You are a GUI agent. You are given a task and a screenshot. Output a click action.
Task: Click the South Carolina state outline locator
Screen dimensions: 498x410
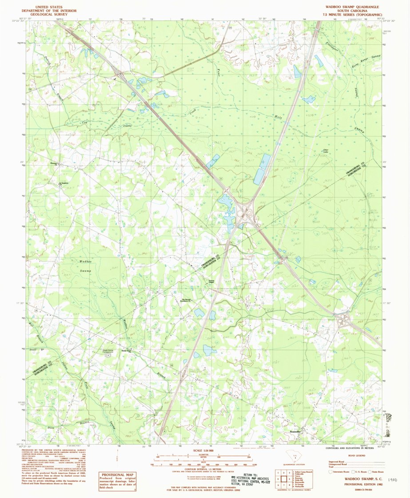[293, 456]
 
